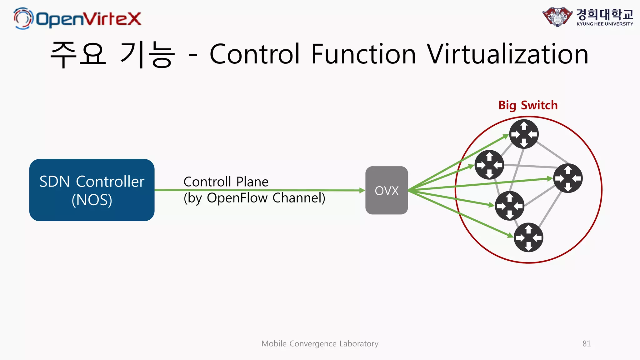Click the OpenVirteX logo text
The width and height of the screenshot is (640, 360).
pyautogui.click(x=88, y=19)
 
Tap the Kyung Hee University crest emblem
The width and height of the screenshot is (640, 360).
pyautogui.click(x=557, y=17)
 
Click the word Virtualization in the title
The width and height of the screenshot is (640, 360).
pyautogui.click(x=507, y=54)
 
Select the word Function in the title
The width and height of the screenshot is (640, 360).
pyautogui.click(x=363, y=54)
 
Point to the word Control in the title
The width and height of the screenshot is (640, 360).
pyautogui.click(x=255, y=54)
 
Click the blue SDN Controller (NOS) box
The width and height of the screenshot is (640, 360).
pyautogui.click(x=92, y=190)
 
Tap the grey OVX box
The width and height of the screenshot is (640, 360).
pyautogui.click(x=387, y=190)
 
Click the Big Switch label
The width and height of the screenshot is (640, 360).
pyautogui.click(x=528, y=105)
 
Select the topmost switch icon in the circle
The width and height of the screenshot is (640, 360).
pyautogui.click(x=524, y=134)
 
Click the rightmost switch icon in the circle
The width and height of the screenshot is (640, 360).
pyautogui.click(x=568, y=178)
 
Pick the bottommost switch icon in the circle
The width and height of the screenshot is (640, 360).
pyautogui.click(x=528, y=237)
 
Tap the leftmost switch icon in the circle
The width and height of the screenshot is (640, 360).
pyautogui.click(x=489, y=165)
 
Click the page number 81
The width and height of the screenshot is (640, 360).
pyautogui.click(x=587, y=344)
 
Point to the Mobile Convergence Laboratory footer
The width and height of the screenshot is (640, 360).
pyautogui.click(x=320, y=344)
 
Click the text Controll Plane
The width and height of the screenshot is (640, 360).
pyautogui.click(x=226, y=182)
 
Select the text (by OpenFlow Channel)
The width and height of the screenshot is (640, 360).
pyautogui.click(x=254, y=198)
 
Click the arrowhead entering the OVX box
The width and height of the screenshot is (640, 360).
pyautogui.click(x=362, y=190)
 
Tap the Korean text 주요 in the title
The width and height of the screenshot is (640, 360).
pyautogui.click(x=78, y=54)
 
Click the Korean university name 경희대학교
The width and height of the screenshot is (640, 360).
pyautogui.click(x=605, y=14)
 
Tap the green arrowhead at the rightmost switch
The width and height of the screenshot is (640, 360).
pyautogui.click(x=550, y=179)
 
